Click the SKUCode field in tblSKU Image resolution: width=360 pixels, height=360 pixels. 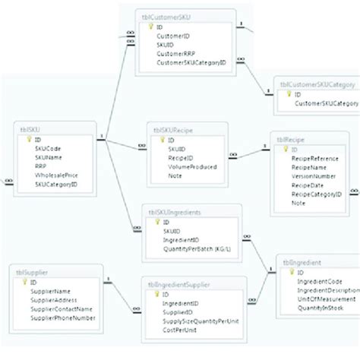click(48, 149)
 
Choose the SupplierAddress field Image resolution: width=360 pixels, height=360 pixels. click(58, 299)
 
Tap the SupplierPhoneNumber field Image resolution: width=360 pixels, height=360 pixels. click(64, 317)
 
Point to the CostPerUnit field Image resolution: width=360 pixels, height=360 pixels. click(180, 330)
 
